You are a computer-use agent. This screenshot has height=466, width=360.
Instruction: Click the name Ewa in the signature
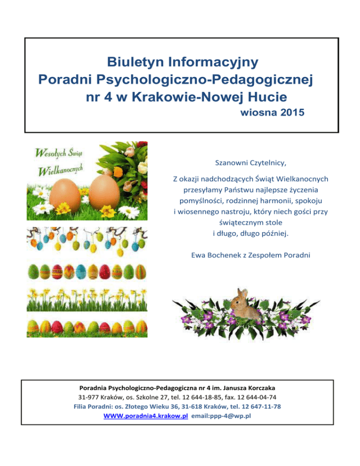pyautogui.click(x=199, y=256)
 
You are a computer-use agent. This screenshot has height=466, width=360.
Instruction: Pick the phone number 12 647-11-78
pyautogui.click(x=259, y=406)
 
